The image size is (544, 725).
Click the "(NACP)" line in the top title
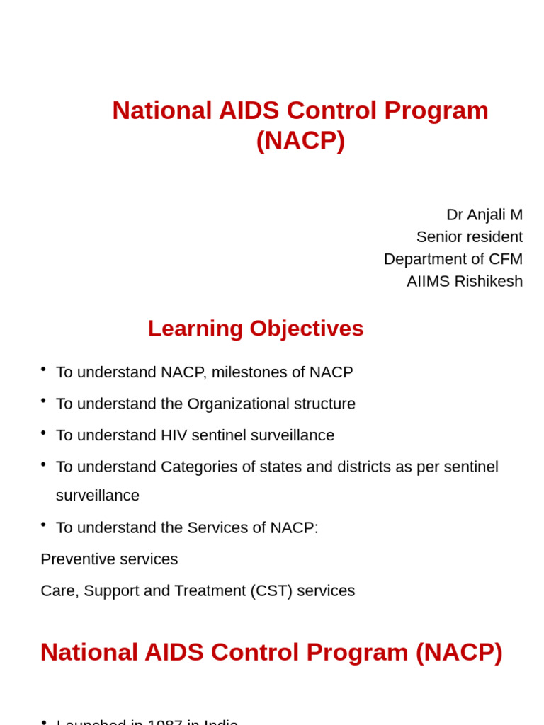point(300,140)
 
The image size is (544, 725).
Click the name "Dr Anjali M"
point(484,215)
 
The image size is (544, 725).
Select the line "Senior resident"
point(469,236)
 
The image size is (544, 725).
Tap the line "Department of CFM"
point(453,259)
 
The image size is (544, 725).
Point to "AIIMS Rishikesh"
point(464,281)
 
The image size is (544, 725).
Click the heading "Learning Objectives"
point(256,329)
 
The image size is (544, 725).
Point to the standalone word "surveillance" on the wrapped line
point(98,496)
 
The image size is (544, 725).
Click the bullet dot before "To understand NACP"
point(43,369)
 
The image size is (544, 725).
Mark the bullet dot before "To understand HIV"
point(43,432)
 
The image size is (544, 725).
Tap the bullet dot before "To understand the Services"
point(43,524)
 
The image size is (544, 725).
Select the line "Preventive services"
point(109,559)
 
